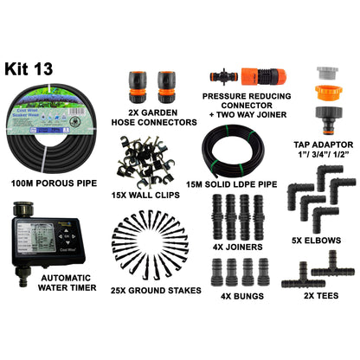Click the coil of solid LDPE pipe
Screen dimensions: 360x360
234,151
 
